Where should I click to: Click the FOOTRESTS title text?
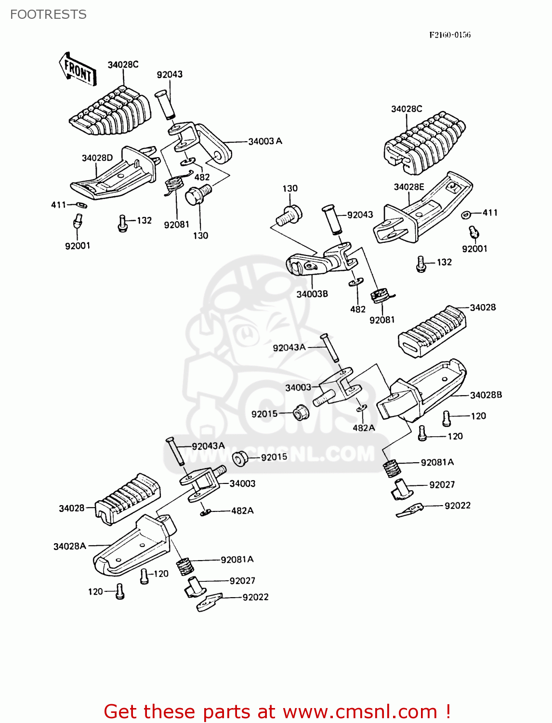pyautogui.click(x=48, y=14)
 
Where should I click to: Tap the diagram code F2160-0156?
pyautogui.click(x=450, y=35)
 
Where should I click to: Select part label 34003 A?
pyautogui.click(x=265, y=141)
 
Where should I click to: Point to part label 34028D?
pyautogui.click(x=97, y=158)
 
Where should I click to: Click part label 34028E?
pyautogui.click(x=408, y=187)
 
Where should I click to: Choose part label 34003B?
pyautogui.click(x=312, y=294)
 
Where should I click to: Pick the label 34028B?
pyautogui.click(x=486, y=395)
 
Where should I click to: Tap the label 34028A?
pyautogui.click(x=69, y=546)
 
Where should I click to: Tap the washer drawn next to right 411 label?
pyautogui.click(x=466, y=214)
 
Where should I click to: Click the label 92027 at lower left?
pyautogui.click(x=242, y=581)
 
